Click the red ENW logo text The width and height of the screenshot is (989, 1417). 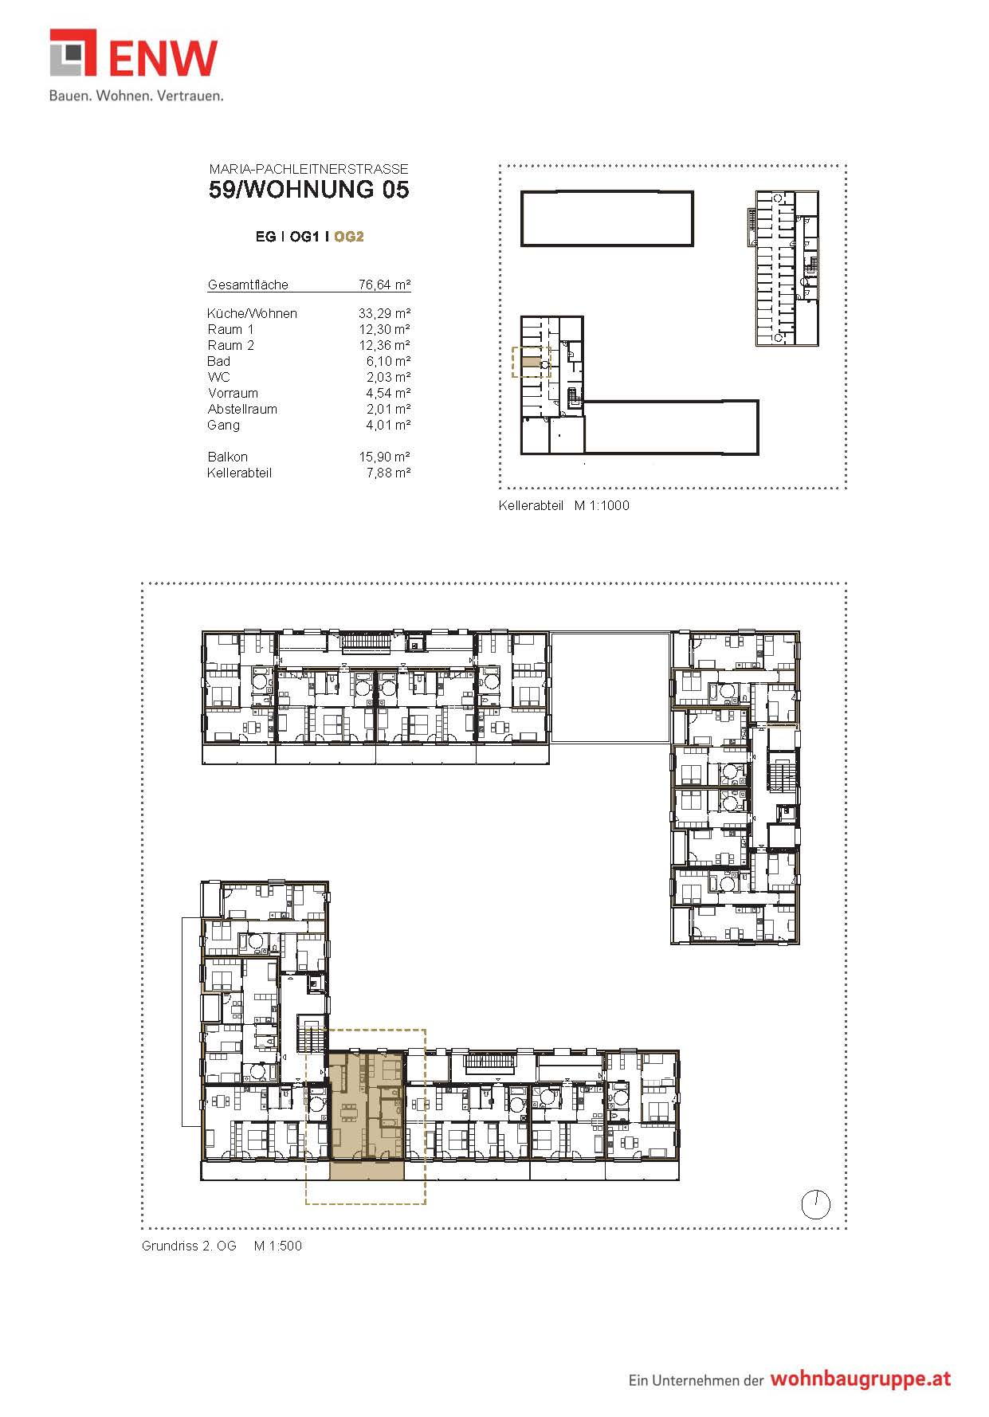click(163, 57)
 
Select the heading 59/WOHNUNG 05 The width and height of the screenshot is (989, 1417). click(309, 190)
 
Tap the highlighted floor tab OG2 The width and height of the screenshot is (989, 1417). click(349, 237)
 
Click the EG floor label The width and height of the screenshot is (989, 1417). click(265, 237)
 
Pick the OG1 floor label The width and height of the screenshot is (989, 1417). click(304, 237)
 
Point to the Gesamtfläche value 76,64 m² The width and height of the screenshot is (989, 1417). click(385, 285)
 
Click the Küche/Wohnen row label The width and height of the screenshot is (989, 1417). click(252, 313)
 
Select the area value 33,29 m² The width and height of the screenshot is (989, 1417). click(385, 313)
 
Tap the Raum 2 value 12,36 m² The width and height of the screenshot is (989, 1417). click(385, 345)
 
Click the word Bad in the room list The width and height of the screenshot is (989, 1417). click(218, 361)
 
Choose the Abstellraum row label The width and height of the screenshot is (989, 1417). click(242, 409)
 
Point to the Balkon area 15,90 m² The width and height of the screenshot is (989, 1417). click(385, 457)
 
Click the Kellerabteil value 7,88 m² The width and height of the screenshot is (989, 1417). click(389, 473)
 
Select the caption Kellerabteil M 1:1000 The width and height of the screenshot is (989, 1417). click(564, 505)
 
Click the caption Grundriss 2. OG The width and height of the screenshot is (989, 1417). click(189, 1246)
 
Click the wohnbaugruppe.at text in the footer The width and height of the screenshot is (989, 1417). click(860, 1379)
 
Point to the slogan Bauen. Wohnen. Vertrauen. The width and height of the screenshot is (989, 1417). click(136, 96)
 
